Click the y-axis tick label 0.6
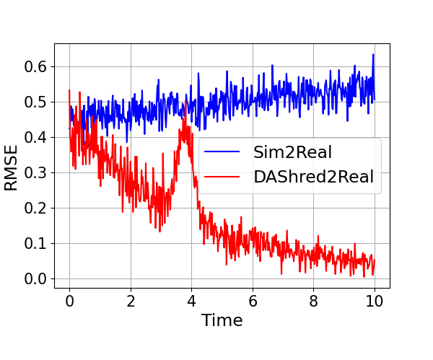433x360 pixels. pos(33,66)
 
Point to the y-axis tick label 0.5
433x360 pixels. pos(33,102)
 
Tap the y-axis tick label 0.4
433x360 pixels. pos(33,137)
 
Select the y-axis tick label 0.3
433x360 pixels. pos(33,172)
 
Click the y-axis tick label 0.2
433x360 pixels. pos(33,208)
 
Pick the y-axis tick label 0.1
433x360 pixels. pos(33,243)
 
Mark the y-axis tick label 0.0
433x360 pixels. pos(33,278)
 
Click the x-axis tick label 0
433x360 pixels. pos(69,299)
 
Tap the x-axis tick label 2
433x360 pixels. pos(131,299)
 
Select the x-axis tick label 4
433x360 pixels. pos(191,299)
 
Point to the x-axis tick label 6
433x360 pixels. pos(253,299)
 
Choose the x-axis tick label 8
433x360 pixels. pos(313,299)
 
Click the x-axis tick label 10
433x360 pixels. pos(375,299)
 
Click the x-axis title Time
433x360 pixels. pos(222,320)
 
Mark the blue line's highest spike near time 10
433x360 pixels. pos(373,55)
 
